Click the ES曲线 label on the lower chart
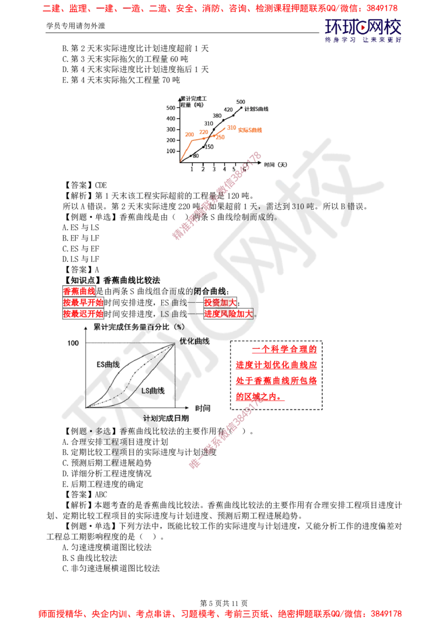coord(108,364)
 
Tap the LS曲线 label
coord(153,390)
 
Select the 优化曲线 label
coord(194,341)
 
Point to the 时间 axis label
coord(202,408)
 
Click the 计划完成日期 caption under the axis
coord(166,418)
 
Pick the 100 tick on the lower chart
coord(73,343)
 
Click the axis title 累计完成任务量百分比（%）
coord(138,326)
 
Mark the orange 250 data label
coord(219,136)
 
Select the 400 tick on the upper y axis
coord(171,118)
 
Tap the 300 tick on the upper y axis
coord(171,129)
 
